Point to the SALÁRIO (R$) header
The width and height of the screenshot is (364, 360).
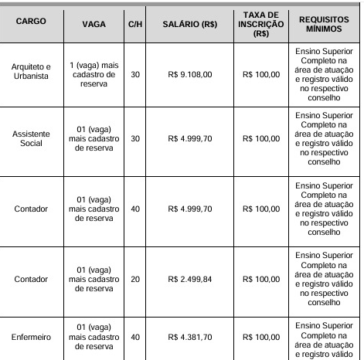(189, 24)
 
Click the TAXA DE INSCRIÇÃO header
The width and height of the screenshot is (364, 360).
(260, 23)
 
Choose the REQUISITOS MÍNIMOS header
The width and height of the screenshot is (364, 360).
(323, 23)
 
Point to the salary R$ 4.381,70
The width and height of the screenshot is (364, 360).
(189, 337)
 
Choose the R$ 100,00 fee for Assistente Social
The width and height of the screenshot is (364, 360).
(260, 139)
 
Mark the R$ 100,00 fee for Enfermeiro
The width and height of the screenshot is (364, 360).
(260, 337)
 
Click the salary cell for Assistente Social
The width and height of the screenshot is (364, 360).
(189, 139)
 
